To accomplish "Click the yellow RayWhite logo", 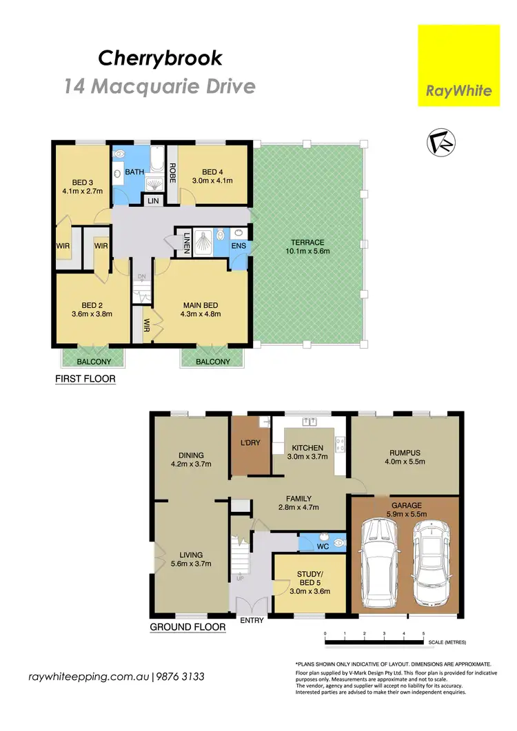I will coord(459,66).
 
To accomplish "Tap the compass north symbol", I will coord(438,143).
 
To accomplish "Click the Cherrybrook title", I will coord(160,59).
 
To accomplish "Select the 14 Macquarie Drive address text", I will coord(160,87).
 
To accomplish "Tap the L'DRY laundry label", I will coord(249,443).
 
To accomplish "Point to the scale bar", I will coord(374,643).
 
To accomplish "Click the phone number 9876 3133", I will coord(179,677).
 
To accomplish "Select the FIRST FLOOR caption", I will coord(85,379).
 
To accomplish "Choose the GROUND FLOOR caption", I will coord(187,627).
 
